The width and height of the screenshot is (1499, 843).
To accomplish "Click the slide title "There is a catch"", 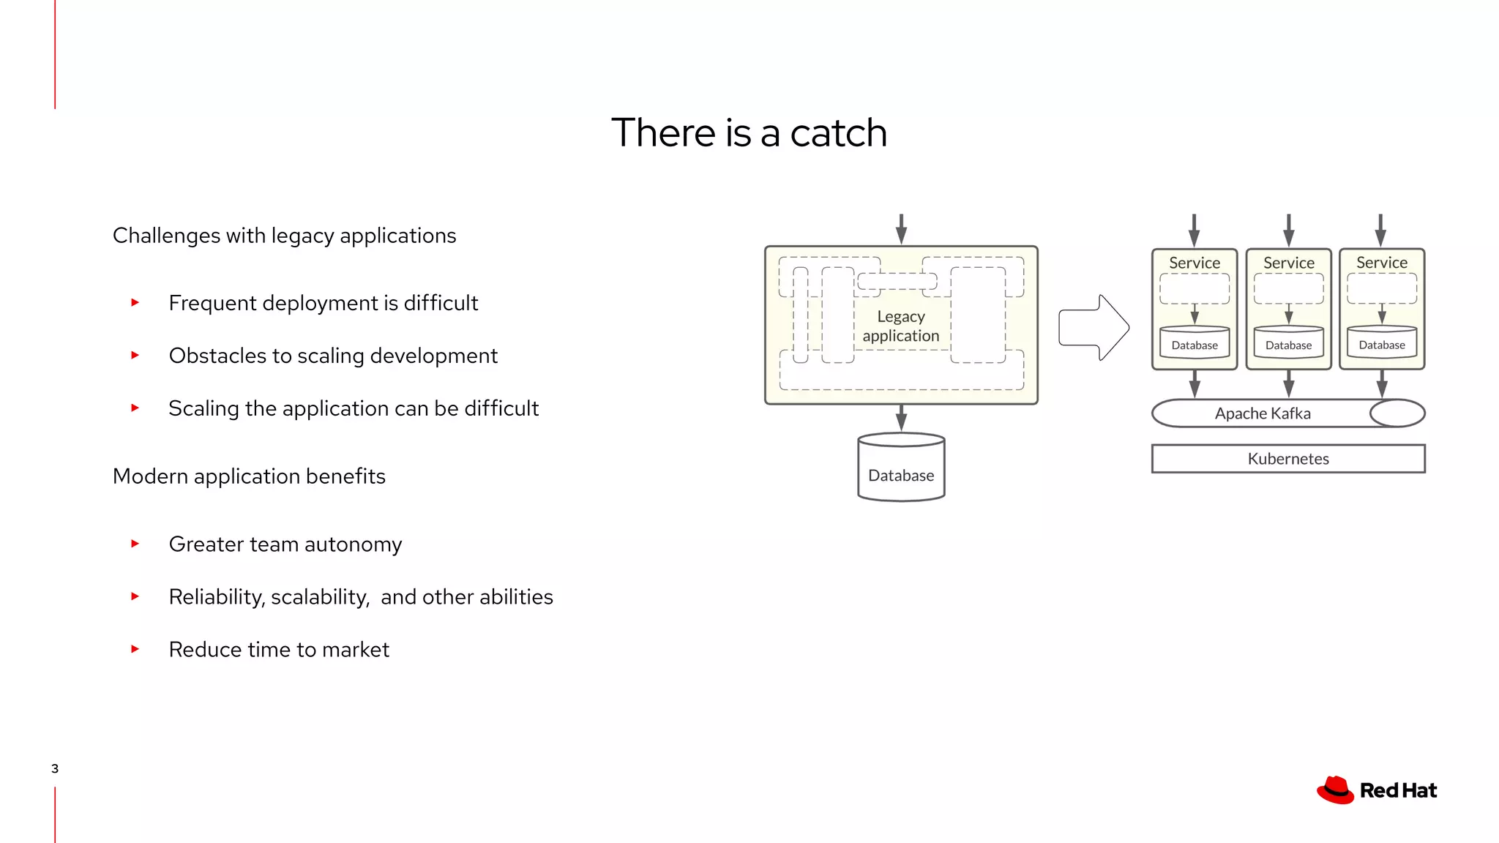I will pos(749,133).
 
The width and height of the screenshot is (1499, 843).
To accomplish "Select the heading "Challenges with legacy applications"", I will pos(284,236).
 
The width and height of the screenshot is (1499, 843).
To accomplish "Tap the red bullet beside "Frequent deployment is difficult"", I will pos(135,302).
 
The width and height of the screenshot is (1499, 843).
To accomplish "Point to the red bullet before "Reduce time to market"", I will pos(135,649).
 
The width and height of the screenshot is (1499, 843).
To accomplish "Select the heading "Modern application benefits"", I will pos(249,476).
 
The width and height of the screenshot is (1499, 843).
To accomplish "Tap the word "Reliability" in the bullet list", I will pos(217,597).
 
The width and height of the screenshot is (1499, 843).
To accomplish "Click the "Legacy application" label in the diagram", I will pos(901,326).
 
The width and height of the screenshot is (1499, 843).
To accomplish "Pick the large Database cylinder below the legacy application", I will pos(901,468).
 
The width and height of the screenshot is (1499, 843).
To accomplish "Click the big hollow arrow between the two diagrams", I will pos(1094,328).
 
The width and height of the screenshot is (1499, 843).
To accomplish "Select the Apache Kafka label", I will pos(1263,413).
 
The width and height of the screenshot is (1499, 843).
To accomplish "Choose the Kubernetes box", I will pos(1288,459).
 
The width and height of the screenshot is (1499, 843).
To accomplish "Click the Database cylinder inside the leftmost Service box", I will pos(1195,342).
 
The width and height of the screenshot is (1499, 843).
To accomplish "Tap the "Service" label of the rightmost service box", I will pos(1382,263).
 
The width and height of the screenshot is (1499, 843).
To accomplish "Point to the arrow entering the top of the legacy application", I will pos(901,229).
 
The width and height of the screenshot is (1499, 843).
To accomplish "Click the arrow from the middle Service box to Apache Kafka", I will pos(1289,383).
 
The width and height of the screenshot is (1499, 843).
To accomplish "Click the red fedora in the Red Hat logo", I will pos(1336,790).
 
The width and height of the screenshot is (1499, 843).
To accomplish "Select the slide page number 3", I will pos(55,768).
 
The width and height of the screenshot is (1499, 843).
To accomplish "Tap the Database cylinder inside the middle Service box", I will pos(1289,342).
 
